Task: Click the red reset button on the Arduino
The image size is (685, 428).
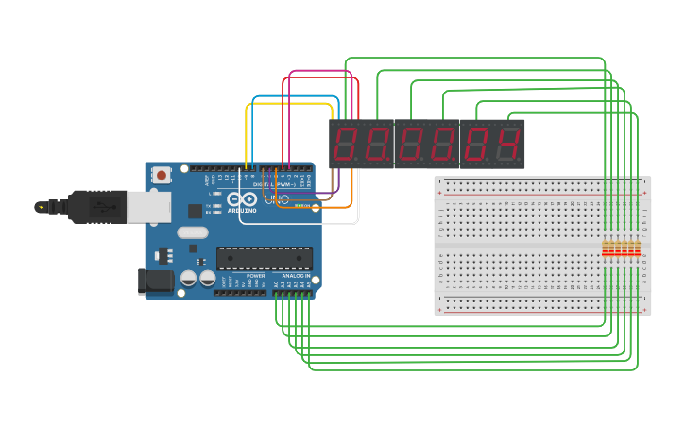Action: click(x=162, y=175)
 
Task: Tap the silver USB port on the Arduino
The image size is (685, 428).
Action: click(x=149, y=207)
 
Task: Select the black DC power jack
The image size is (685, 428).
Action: click(x=155, y=281)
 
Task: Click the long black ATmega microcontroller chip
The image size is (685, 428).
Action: click(x=265, y=258)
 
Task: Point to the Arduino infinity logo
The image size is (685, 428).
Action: click(x=241, y=199)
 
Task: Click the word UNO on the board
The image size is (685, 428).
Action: click(x=281, y=199)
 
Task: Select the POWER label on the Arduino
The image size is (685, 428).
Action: click(x=255, y=276)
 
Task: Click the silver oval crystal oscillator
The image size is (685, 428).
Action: click(x=192, y=232)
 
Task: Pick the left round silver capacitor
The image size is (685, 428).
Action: click(x=188, y=278)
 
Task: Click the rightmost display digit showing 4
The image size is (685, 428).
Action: click(x=509, y=145)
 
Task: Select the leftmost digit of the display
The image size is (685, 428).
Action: click(x=345, y=145)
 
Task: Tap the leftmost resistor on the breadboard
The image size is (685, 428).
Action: click(x=607, y=248)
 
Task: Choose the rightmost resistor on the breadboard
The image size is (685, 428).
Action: click(x=637, y=248)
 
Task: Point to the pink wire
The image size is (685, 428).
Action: click(x=321, y=71)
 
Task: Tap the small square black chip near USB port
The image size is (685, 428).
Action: click(x=195, y=212)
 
